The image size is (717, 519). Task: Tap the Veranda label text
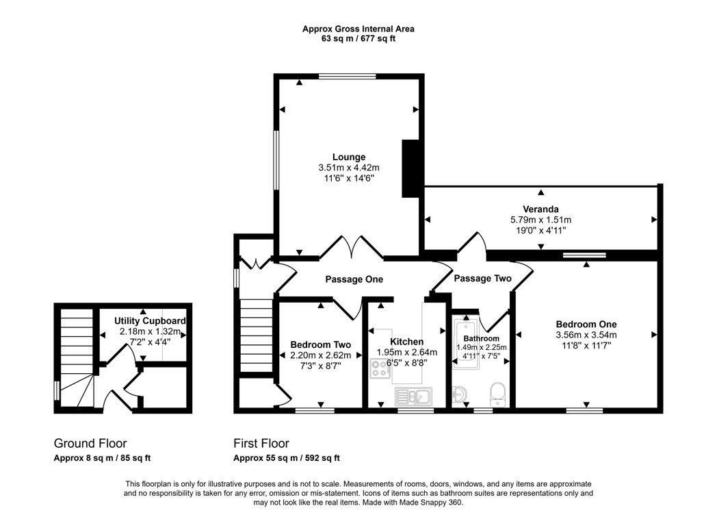(x=540, y=209)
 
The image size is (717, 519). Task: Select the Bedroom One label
(x=586, y=324)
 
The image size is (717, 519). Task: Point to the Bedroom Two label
(x=320, y=344)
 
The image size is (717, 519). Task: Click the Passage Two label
(x=482, y=279)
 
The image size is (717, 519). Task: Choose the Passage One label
(x=354, y=279)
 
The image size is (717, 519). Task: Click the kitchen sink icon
(x=413, y=394)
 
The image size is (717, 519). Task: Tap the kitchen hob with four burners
(x=380, y=370)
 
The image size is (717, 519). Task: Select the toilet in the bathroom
(x=497, y=393)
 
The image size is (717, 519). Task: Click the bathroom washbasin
(x=460, y=394)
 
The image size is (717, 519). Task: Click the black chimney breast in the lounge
(x=411, y=169)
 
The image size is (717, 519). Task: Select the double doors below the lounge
(x=351, y=248)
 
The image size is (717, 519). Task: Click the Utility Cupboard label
(x=150, y=320)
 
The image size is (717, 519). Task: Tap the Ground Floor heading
(x=90, y=444)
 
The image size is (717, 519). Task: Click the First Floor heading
(x=261, y=444)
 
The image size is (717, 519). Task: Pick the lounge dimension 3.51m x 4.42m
(x=349, y=168)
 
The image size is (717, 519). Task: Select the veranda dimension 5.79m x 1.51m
(x=540, y=220)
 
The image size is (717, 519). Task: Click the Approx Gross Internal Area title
(x=358, y=29)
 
